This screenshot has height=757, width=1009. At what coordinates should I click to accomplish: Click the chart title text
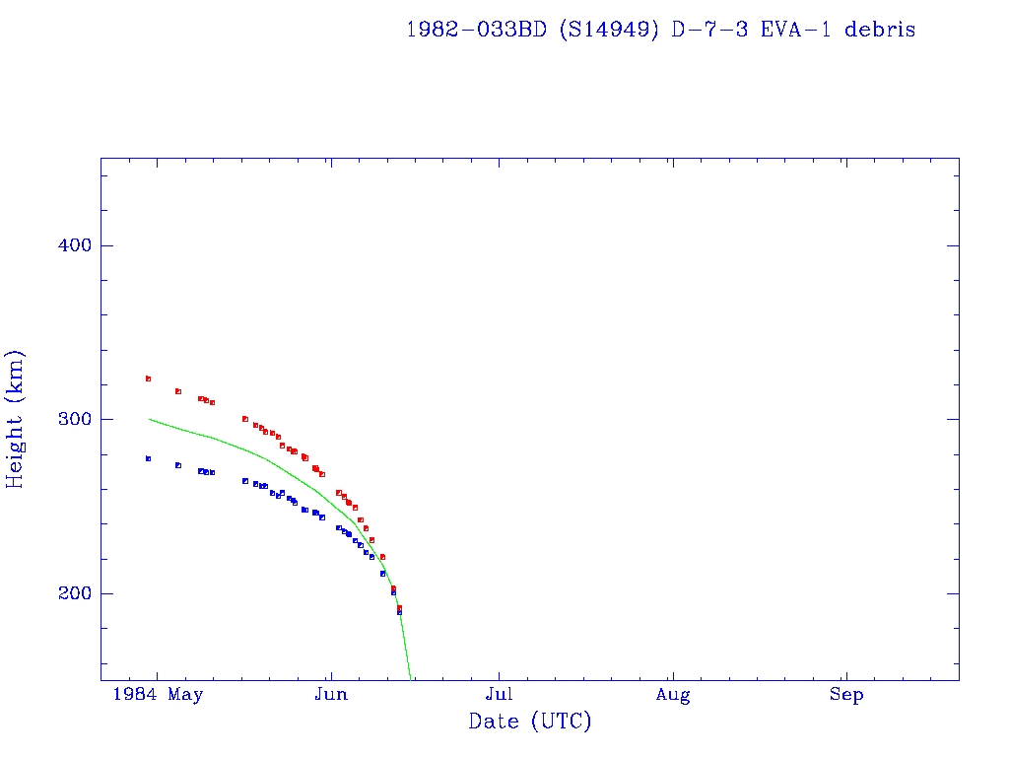click(x=660, y=30)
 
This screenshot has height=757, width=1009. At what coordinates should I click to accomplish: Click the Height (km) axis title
click(x=15, y=419)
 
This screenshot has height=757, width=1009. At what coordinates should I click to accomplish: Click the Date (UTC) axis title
click(x=530, y=722)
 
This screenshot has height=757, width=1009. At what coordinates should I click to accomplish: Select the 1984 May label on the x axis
click(x=158, y=695)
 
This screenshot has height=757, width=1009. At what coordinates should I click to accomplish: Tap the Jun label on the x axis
click(x=331, y=695)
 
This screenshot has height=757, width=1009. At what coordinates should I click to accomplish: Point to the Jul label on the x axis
click(x=500, y=695)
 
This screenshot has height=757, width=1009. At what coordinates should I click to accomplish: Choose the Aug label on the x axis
click(x=673, y=695)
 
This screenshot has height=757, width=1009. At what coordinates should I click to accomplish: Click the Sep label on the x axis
click(x=846, y=695)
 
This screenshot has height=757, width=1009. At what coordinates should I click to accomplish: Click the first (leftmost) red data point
click(x=148, y=378)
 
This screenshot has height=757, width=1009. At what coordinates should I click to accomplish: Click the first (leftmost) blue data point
click(x=148, y=458)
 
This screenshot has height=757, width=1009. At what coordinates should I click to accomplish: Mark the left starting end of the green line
click(x=150, y=419)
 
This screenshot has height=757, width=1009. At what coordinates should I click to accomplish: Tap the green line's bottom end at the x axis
click(x=411, y=678)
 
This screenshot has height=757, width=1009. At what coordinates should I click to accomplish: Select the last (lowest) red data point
click(x=399, y=607)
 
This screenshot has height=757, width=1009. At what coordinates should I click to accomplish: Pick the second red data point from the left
click(x=178, y=391)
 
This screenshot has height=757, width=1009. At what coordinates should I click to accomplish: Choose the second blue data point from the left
click(x=178, y=465)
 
